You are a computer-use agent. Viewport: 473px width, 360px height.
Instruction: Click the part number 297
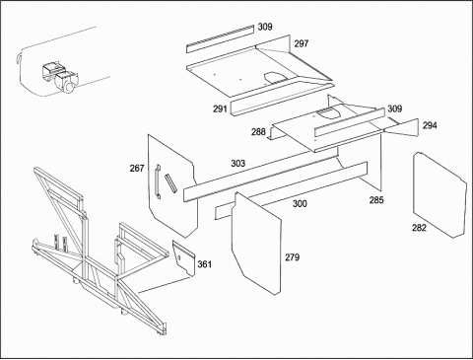(x=301, y=43)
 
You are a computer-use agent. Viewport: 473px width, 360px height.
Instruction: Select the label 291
(x=220, y=108)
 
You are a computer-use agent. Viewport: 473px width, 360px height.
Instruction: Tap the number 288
(x=258, y=132)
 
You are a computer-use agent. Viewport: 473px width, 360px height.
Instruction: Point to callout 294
(x=430, y=125)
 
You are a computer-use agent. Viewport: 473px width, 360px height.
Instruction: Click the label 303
(x=237, y=163)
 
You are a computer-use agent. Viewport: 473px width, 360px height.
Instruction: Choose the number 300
(x=300, y=204)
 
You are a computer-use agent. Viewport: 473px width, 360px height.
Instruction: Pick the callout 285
(x=376, y=200)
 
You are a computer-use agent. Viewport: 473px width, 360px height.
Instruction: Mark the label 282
(x=419, y=228)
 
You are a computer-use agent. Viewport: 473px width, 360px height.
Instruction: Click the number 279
(x=292, y=257)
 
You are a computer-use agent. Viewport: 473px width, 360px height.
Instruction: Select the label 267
(x=137, y=169)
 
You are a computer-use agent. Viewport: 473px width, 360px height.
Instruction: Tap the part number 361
(x=204, y=264)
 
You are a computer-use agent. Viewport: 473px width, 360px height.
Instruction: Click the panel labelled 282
(x=439, y=194)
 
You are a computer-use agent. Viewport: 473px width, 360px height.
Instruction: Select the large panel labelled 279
(x=256, y=244)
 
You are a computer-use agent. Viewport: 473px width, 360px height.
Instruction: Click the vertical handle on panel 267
(x=158, y=181)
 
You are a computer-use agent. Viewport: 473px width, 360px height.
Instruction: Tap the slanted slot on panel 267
(x=170, y=182)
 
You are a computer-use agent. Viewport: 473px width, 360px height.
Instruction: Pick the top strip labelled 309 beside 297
(x=221, y=38)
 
